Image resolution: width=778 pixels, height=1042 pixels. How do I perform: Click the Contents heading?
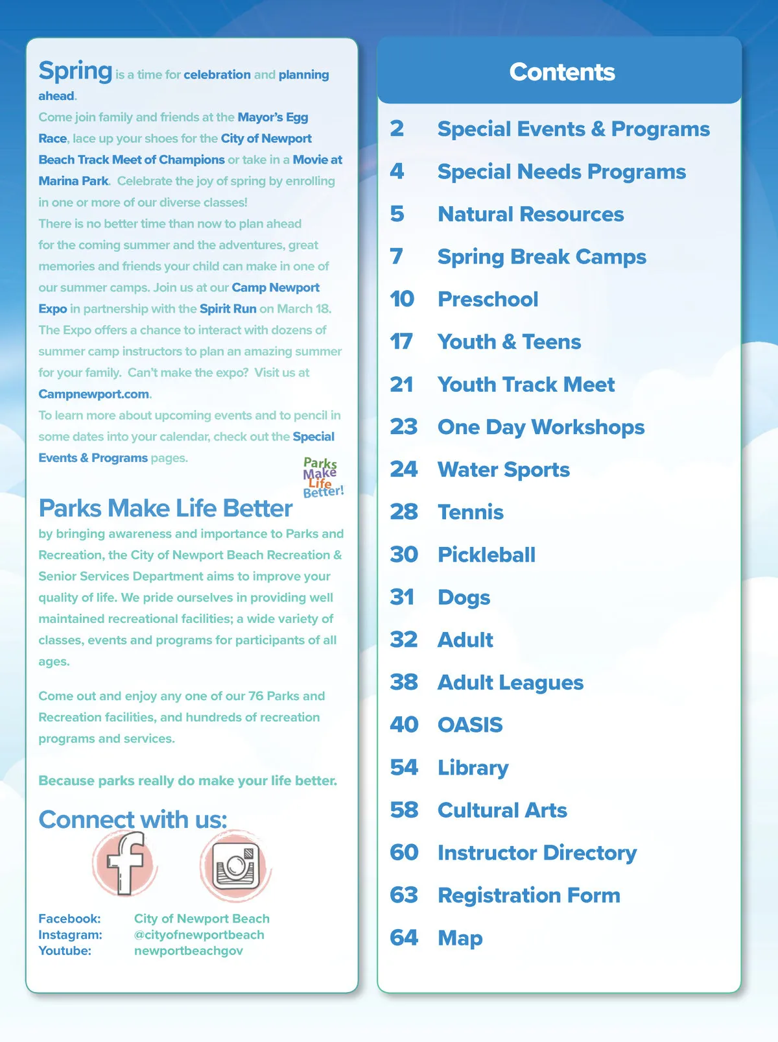[x=561, y=72]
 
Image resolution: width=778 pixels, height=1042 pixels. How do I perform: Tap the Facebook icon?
[x=125, y=864]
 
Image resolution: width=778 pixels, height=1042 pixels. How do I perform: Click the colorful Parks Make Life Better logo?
[x=322, y=478]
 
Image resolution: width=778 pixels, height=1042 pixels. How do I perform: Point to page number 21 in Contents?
[x=402, y=384]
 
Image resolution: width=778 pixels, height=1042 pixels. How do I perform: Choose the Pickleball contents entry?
[x=486, y=555]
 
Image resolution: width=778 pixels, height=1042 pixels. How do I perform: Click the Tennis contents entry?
[x=470, y=512]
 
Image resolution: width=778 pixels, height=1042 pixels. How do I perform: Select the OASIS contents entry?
[x=470, y=725]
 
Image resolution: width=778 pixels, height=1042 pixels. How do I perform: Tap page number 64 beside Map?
[x=404, y=938]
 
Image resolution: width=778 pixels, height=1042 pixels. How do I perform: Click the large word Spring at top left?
[x=75, y=71]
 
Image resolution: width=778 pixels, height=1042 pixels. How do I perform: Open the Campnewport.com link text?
[x=93, y=394]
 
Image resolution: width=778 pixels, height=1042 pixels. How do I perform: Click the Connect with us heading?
[x=133, y=819]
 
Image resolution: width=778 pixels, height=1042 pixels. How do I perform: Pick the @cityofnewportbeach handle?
[x=199, y=934]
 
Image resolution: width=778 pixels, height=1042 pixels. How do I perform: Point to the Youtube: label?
[x=65, y=951]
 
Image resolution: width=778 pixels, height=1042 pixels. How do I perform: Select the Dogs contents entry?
[x=464, y=598]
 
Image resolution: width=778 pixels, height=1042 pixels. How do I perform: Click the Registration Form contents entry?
[x=528, y=895]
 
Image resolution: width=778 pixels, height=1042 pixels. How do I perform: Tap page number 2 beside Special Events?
[x=397, y=128]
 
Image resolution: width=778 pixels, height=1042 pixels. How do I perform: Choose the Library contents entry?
[x=473, y=768]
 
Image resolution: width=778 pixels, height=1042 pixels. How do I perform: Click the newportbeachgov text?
[x=188, y=951]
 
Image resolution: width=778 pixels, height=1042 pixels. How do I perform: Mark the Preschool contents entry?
[x=488, y=299]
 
